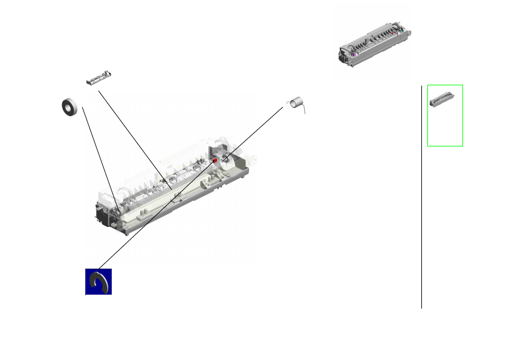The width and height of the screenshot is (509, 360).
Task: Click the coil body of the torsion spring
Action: point(296,103)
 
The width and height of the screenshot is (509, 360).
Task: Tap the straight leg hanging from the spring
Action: point(303,110)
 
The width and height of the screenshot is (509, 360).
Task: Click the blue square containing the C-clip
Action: point(98,281)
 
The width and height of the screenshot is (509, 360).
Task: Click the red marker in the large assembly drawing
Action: point(215,160)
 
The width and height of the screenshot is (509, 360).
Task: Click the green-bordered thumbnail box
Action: point(445,115)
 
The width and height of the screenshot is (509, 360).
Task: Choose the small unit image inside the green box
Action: point(441,99)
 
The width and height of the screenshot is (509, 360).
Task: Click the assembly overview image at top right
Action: point(374,45)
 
